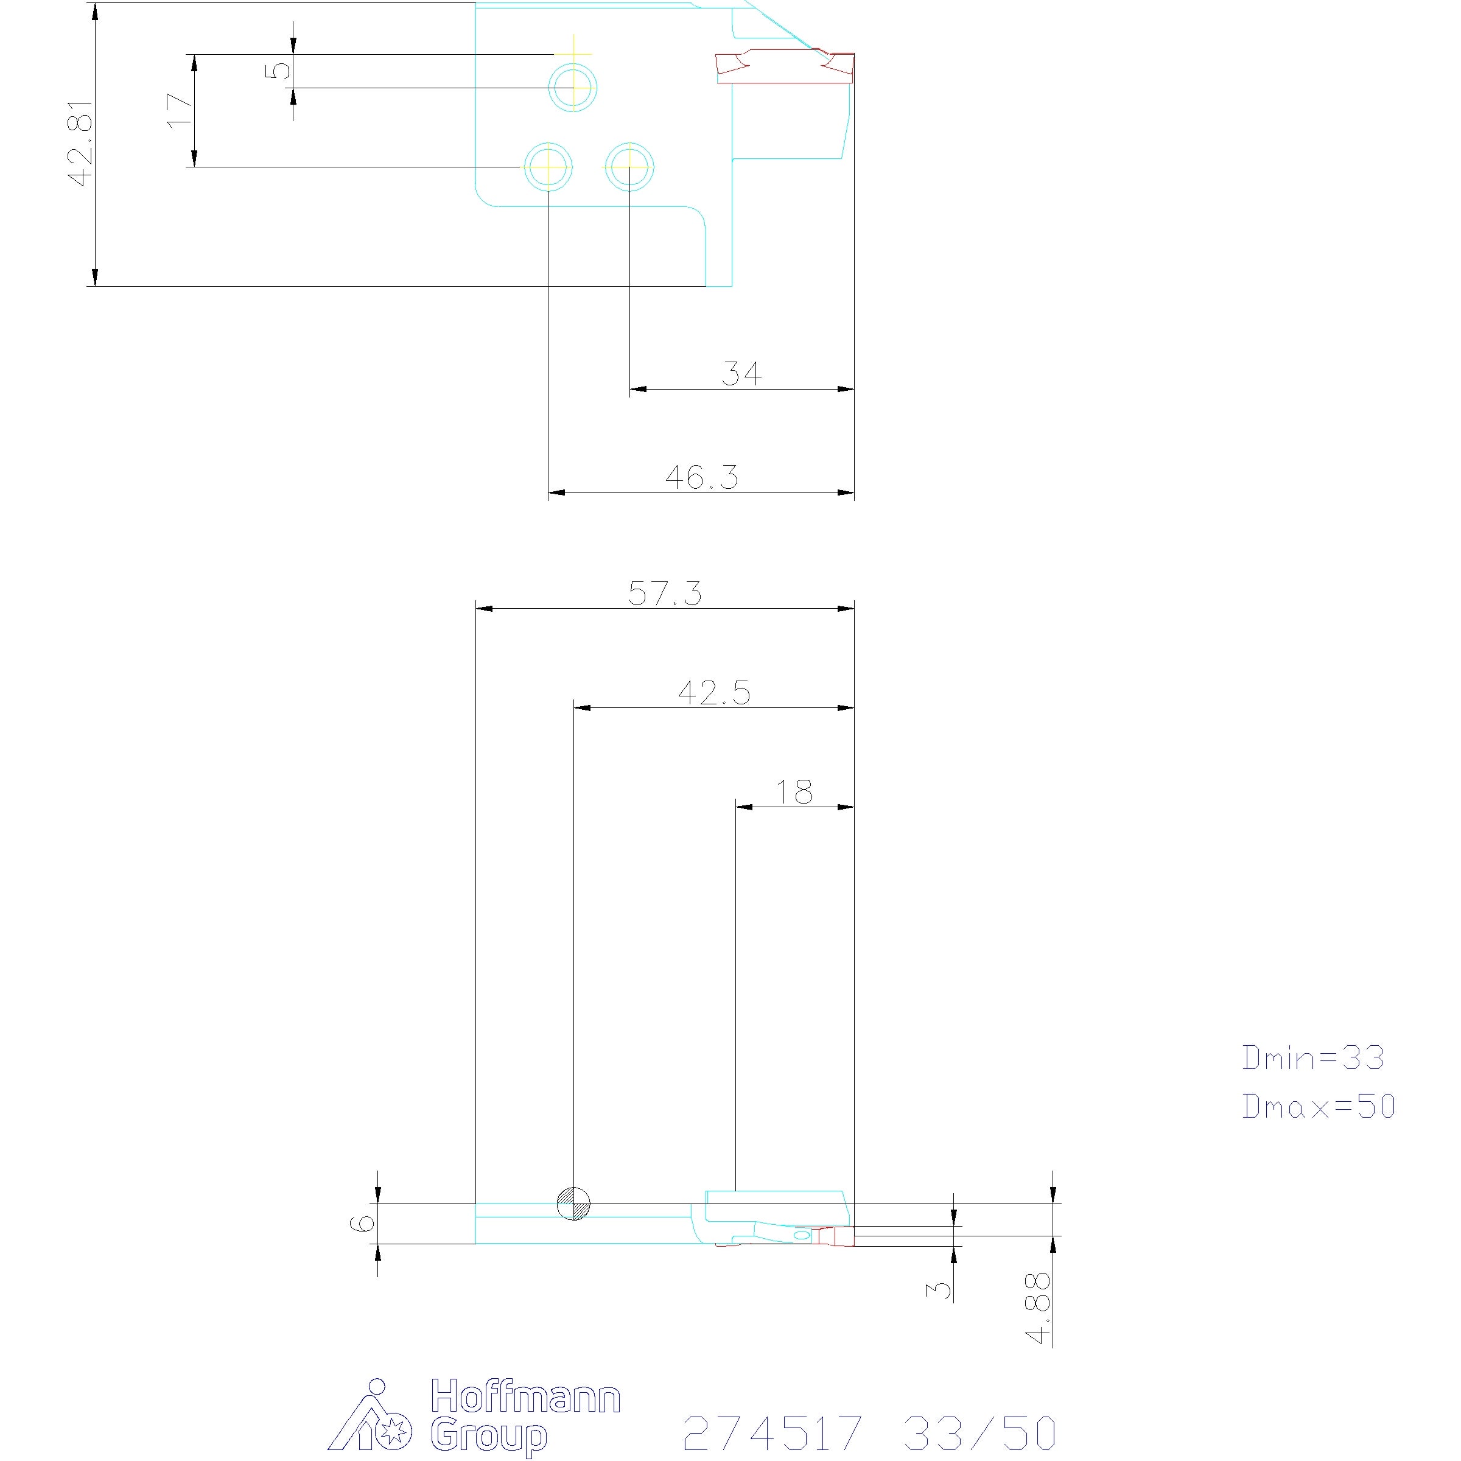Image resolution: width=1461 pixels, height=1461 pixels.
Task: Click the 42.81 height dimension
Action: click(80, 143)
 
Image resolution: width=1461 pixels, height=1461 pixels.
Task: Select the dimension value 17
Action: click(178, 110)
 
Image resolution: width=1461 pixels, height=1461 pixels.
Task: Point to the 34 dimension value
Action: click(741, 374)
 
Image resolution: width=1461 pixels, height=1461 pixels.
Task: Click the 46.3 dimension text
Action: click(702, 477)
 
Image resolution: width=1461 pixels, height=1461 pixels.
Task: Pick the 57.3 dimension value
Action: click(665, 594)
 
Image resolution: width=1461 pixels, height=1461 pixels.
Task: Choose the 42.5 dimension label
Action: click(714, 693)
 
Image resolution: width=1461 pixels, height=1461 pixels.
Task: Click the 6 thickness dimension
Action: click(363, 1224)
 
